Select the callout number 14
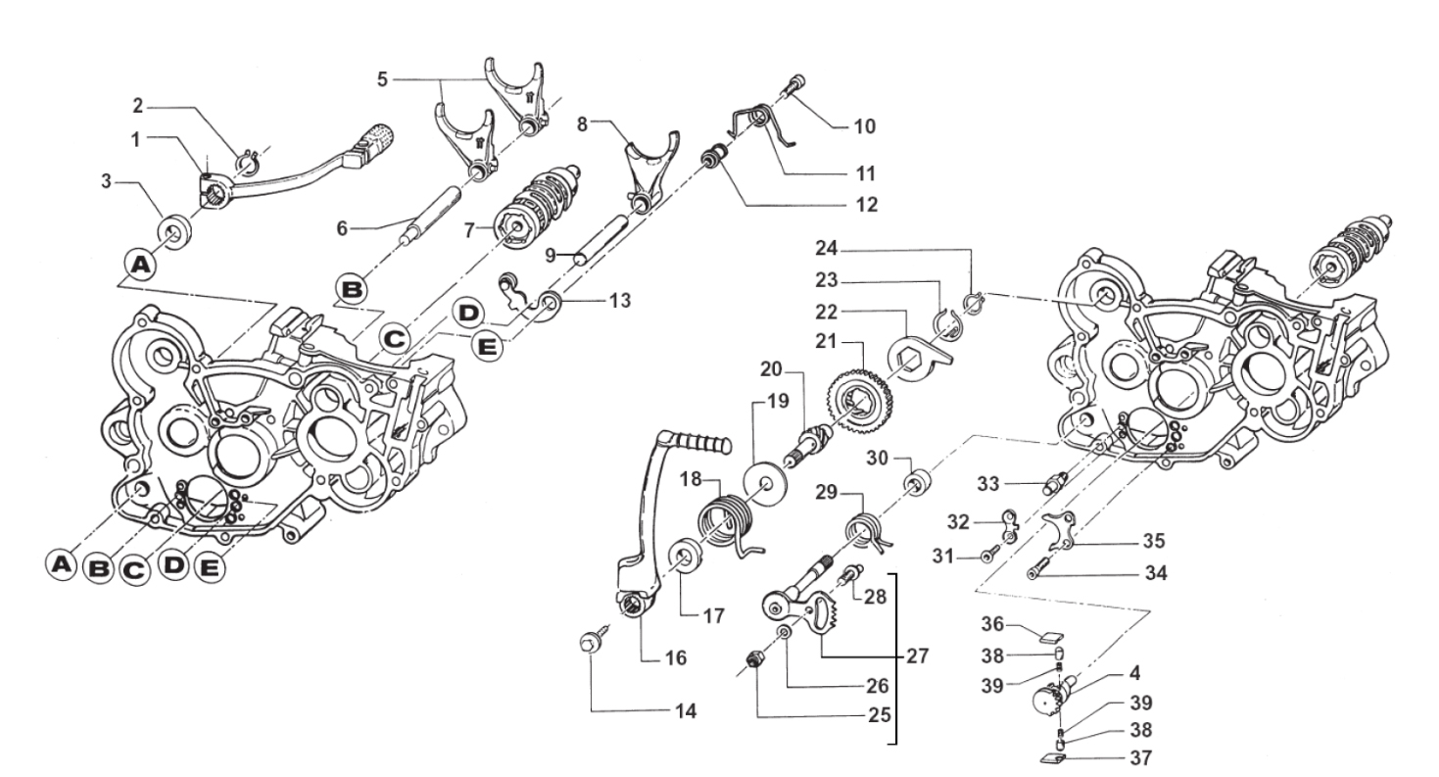(686, 711)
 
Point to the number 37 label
(1141, 758)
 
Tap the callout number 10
(865, 126)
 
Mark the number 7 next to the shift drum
(469, 229)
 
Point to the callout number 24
(827, 248)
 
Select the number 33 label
(989, 484)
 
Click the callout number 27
(917, 656)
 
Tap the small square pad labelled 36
(1052, 638)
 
